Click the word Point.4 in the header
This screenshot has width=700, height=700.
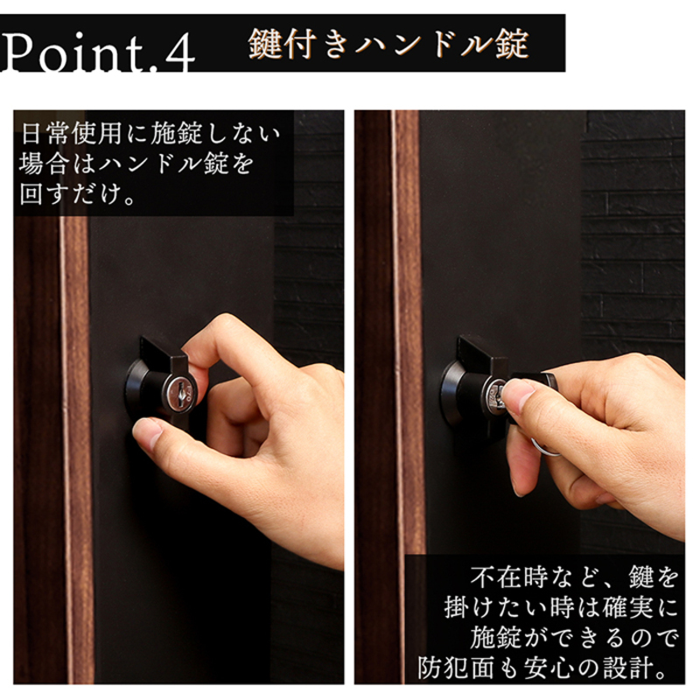click(97, 52)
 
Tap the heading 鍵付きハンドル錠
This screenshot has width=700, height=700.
click(388, 44)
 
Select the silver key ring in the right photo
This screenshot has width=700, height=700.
click(544, 447)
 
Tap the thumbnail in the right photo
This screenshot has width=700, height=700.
click(518, 394)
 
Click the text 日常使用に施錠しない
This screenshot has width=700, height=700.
click(150, 133)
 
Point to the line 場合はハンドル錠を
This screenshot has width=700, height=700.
click(136, 164)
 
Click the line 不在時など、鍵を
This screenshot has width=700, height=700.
click(574, 577)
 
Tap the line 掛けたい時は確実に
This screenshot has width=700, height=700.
click(562, 607)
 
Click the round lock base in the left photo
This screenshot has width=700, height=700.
click(135, 388)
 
